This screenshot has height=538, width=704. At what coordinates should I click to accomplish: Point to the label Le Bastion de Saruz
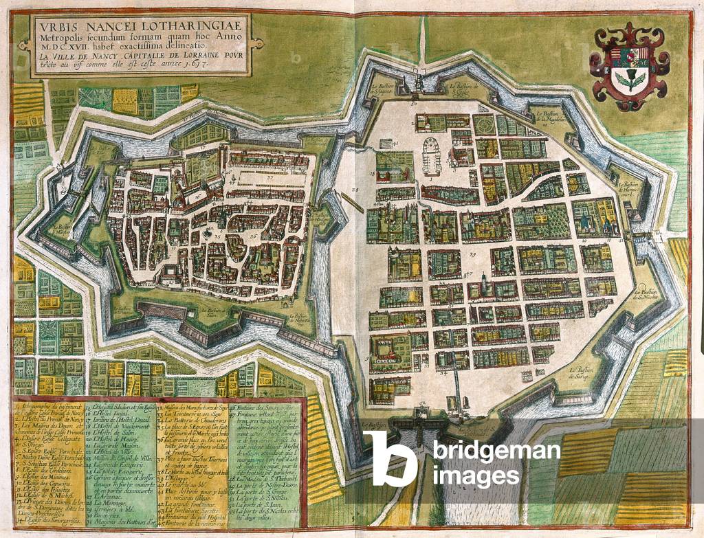(x=582, y=372)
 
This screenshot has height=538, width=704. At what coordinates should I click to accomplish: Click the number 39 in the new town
(x=473, y=255)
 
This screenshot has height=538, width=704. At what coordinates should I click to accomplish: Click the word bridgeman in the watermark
(x=496, y=451)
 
